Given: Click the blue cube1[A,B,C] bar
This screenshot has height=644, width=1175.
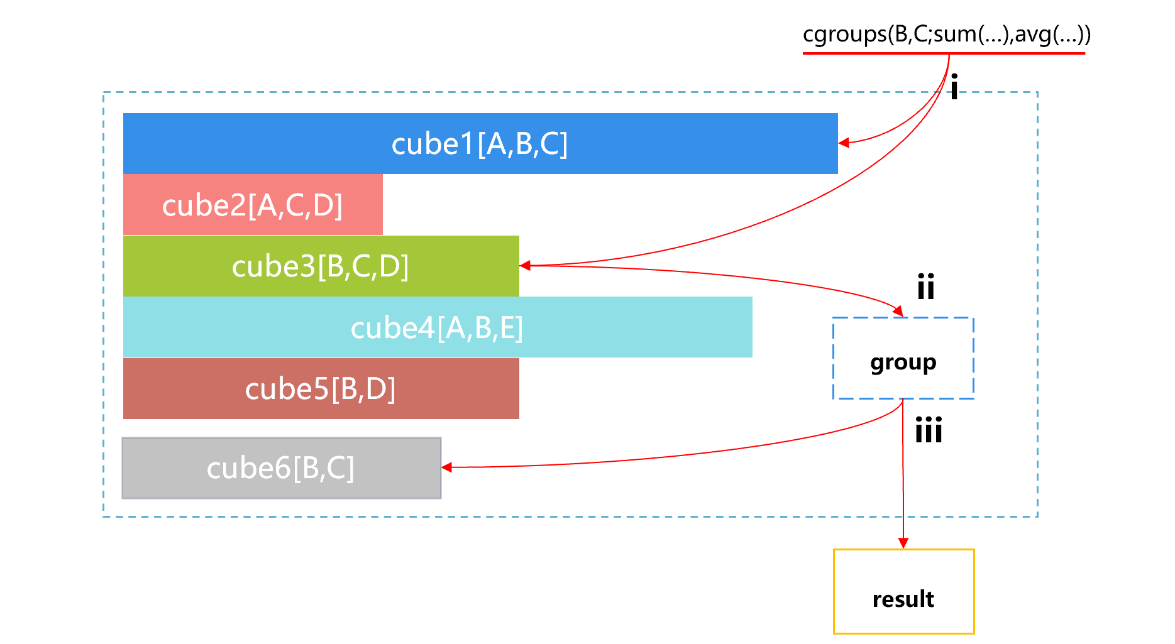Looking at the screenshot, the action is pyautogui.click(x=480, y=143).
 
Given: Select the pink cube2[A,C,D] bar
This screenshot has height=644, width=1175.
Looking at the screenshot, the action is pyautogui.click(x=253, y=205).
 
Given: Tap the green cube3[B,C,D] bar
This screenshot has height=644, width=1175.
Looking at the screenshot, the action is pyautogui.click(x=321, y=266).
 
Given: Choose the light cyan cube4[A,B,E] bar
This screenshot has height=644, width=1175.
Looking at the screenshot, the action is pyautogui.click(x=438, y=327).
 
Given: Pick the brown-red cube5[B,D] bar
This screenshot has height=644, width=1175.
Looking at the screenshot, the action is pyautogui.click(x=321, y=388).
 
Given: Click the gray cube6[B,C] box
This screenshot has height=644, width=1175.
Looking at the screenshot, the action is pyautogui.click(x=282, y=468).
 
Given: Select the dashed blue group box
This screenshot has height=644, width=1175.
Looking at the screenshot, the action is pyautogui.click(x=903, y=358).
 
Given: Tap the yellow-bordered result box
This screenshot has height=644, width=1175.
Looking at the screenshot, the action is pyautogui.click(x=904, y=591).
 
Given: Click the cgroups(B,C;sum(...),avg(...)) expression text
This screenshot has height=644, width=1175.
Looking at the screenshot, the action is pyautogui.click(x=947, y=33).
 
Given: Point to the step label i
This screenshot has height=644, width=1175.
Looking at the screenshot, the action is pyautogui.click(x=954, y=87).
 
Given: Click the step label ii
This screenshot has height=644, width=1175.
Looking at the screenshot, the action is pyautogui.click(x=926, y=287).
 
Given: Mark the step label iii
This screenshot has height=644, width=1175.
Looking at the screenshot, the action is pyautogui.click(x=929, y=430).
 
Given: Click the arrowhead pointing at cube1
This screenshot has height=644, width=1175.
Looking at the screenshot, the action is pyautogui.click(x=844, y=143).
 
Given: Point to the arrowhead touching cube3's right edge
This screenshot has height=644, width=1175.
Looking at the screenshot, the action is pyautogui.click(x=526, y=266).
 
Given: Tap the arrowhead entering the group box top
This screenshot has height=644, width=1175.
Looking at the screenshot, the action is pyautogui.click(x=899, y=311).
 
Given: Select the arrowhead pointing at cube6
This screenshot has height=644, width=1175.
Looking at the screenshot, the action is pyautogui.click(x=447, y=467).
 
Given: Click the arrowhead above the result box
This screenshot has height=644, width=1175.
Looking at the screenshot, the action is pyautogui.click(x=903, y=543).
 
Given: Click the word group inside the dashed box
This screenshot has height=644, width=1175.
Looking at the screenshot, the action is pyautogui.click(x=903, y=363).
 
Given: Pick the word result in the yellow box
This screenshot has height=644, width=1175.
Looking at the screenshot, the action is pyautogui.click(x=903, y=599).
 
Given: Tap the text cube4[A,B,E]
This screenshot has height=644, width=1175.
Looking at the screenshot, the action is pyautogui.click(x=437, y=328).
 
